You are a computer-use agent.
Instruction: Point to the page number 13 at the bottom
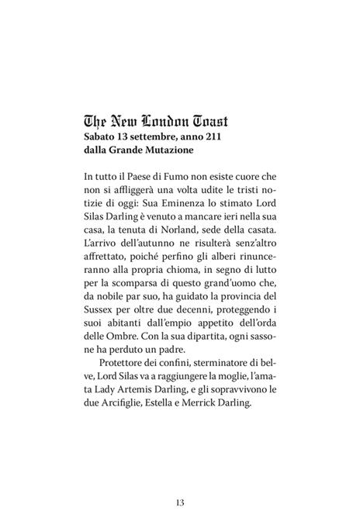[x=179, y=503]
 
